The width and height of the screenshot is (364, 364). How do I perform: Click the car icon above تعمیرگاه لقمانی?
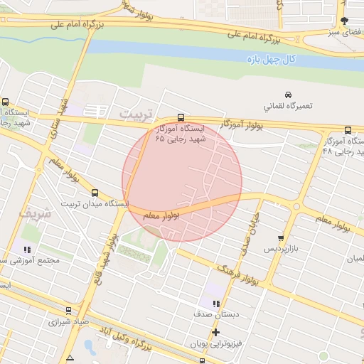[287, 95]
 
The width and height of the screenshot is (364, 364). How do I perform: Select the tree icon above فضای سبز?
[345, 21]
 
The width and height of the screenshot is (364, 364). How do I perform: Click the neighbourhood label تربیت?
[136, 114]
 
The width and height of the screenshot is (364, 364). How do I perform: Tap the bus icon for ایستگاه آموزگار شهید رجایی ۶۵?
[181, 118]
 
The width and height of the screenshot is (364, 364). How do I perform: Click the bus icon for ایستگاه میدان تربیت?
[95, 193]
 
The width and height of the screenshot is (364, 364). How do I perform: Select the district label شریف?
[35, 213]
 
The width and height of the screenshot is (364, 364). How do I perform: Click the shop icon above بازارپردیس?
[282, 239]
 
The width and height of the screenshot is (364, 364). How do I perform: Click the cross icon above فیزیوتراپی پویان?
[215, 332]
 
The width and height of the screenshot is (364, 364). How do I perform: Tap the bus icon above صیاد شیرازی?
[68, 311]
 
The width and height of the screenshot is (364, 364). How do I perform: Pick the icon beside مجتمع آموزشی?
[27, 250]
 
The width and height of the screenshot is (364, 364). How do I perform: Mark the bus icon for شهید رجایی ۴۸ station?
[348, 130]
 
